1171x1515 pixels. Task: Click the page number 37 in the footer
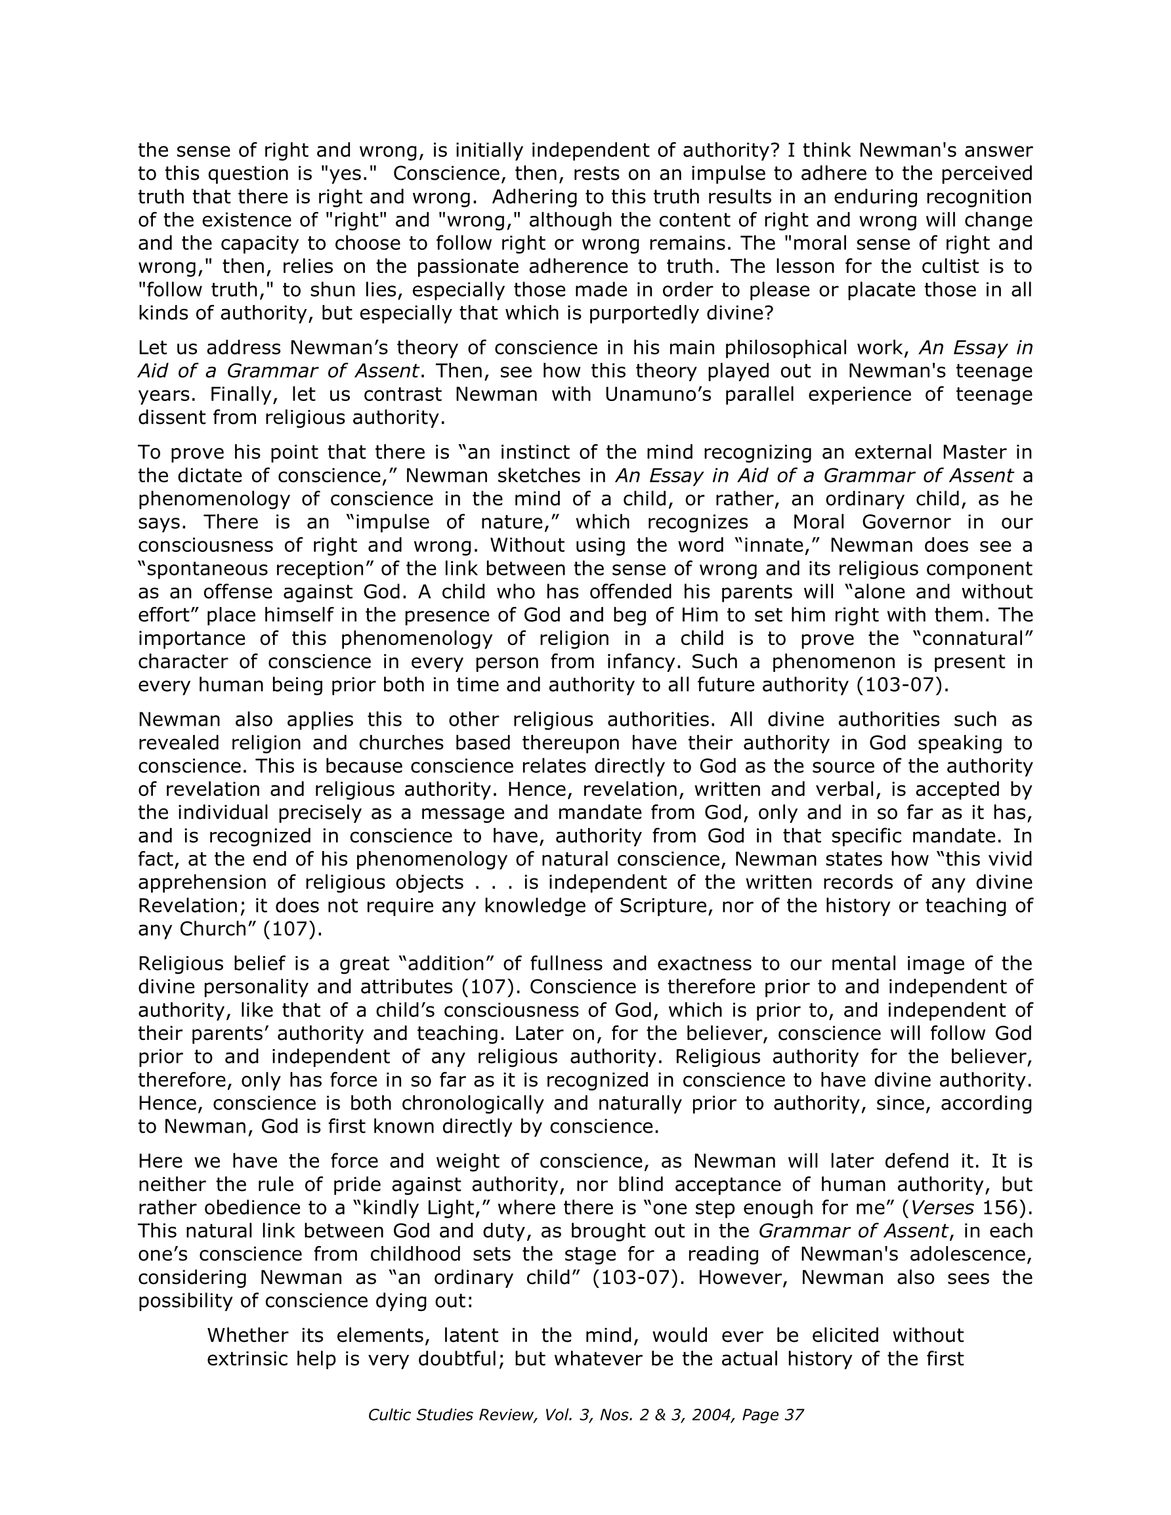(794, 1415)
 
